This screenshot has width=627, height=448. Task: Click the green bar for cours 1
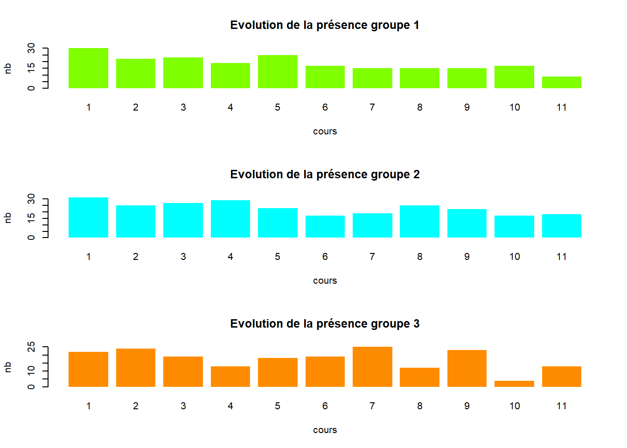(88, 68)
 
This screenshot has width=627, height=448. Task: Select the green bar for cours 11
(561, 83)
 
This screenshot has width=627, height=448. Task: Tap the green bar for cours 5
(278, 71)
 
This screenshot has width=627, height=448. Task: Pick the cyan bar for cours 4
(230, 219)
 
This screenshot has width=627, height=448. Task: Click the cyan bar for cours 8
(419, 221)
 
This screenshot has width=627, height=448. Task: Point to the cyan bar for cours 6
(325, 226)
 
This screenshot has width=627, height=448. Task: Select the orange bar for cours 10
(514, 384)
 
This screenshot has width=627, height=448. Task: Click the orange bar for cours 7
(372, 367)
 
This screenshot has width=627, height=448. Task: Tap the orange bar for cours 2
(136, 368)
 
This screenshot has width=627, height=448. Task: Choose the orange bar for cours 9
(467, 368)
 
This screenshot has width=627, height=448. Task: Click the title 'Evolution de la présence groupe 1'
(325, 25)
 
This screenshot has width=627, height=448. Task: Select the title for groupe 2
(325, 175)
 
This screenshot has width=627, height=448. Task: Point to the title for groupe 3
(325, 324)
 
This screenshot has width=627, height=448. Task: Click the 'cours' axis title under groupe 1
(325, 132)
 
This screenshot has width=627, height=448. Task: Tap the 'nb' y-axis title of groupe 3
(8, 367)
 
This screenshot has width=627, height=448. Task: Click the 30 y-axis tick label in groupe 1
(31, 48)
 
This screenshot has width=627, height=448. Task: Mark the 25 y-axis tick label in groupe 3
(31, 347)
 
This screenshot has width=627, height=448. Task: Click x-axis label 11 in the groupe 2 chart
(561, 257)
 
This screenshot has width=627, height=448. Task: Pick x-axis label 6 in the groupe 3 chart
(325, 406)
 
